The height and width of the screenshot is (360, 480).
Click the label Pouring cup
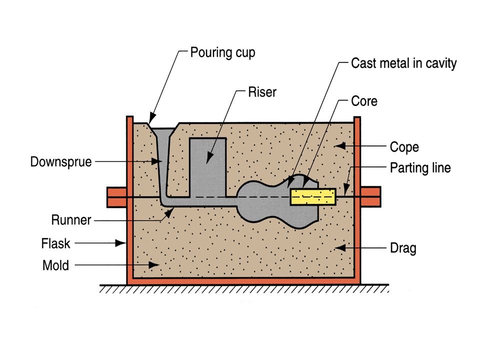[x=222, y=52]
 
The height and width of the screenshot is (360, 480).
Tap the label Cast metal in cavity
[x=403, y=64]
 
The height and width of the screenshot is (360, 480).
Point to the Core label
[x=364, y=101]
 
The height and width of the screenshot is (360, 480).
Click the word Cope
[x=404, y=147]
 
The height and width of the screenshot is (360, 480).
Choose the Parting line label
[x=420, y=167]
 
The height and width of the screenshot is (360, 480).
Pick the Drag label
[x=403, y=248]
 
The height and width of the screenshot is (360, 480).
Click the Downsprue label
[x=61, y=162]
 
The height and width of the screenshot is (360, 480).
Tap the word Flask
[x=56, y=244]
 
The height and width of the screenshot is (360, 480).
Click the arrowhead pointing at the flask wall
[x=121, y=243]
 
